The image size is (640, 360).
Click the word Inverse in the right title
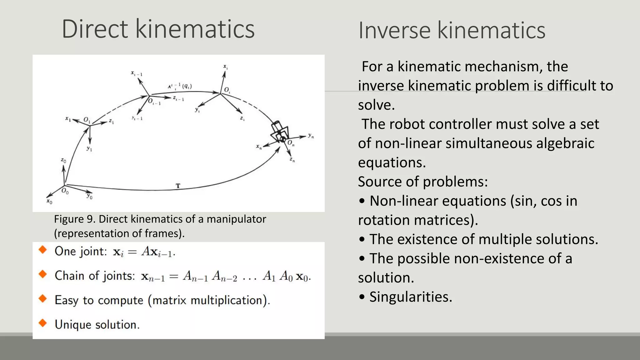pyautogui.click(x=394, y=30)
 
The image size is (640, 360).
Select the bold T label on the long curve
pyautogui.click(x=178, y=186)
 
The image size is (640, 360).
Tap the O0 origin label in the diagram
pyautogui.click(x=65, y=191)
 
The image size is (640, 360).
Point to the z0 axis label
pyautogui.click(x=63, y=161)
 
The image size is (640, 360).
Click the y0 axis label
pyautogui.click(x=90, y=196)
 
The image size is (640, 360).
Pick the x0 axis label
pyautogui.click(x=49, y=202)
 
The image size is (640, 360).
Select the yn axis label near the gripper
pyautogui.click(x=311, y=136)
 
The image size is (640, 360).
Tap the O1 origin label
pyautogui.click(x=87, y=120)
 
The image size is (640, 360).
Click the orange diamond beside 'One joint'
pyautogui.click(x=43, y=250)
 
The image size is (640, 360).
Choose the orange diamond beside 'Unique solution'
pyautogui.click(x=43, y=323)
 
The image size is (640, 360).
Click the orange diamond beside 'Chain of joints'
pyautogui.click(x=43, y=274)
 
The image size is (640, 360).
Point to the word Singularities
pyautogui.click(x=411, y=297)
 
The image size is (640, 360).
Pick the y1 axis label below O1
pyautogui.click(x=89, y=149)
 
